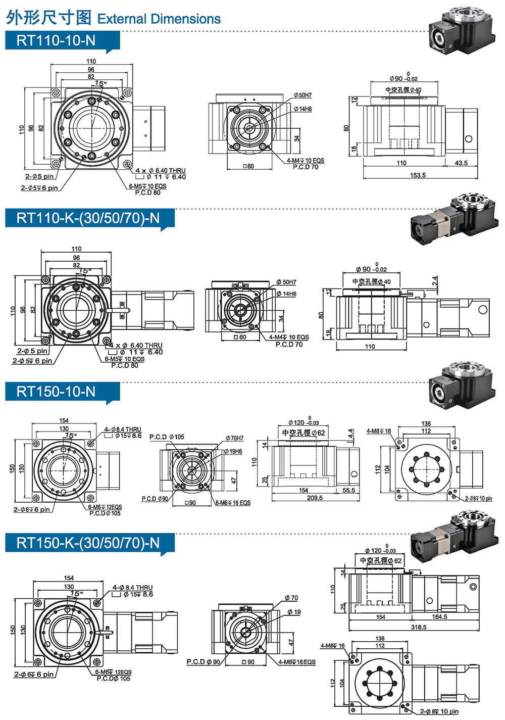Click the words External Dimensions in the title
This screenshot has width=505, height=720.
pyautogui.click(x=159, y=19)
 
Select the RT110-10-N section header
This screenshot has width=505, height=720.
pyautogui.click(x=56, y=40)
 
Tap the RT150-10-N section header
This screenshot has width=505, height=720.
pyautogui.click(x=56, y=392)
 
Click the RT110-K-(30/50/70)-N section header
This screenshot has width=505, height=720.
pyautogui.click(x=88, y=218)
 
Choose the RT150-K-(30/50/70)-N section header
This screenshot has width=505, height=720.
pyautogui.click(x=88, y=543)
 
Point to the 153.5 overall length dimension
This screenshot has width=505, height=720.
pyautogui.click(x=418, y=175)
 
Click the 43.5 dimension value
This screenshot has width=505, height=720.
pyautogui.click(x=461, y=163)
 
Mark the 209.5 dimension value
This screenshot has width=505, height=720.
pyautogui.click(x=315, y=498)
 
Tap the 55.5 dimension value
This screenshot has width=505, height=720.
pyautogui.click(x=348, y=491)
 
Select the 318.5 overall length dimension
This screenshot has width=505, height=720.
pyautogui.click(x=419, y=627)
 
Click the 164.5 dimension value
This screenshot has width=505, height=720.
pyautogui.click(x=439, y=617)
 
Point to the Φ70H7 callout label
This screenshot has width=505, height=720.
pyautogui.click(x=234, y=438)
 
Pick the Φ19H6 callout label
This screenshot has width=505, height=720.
pyautogui.click(x=233, y=451)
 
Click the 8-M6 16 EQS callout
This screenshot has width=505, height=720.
pyautogui.click(x=233, y=503)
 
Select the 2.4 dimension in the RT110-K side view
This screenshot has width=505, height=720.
pyautogui.click(x=435, y=281)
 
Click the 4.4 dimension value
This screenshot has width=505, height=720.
pyautogui.click(x=350, y=434)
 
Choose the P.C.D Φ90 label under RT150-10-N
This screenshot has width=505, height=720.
pyautogui.click(x=155, y=499)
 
